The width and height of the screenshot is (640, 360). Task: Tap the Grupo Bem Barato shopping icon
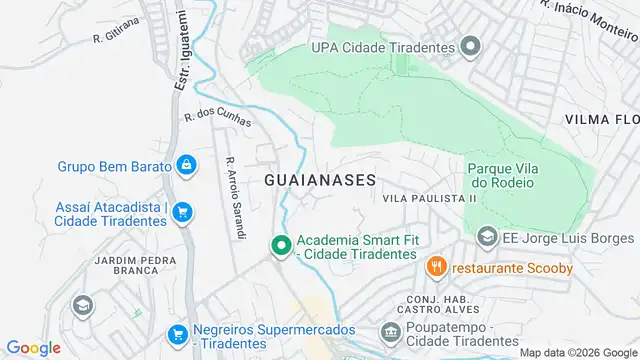186,164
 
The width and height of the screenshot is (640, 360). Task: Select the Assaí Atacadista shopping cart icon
182,212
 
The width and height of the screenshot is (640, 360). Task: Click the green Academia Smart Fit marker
282,243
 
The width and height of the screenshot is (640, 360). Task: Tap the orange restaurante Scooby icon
435,267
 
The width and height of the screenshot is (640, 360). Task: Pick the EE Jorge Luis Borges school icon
487,238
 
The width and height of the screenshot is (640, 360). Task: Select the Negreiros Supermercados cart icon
177,334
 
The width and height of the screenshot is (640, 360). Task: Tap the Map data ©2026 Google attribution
577,352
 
